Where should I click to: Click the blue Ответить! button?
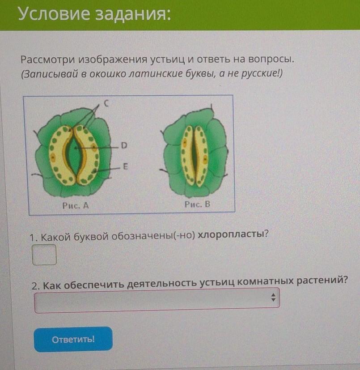tap(73, 339)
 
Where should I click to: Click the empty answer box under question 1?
tap(44, 255)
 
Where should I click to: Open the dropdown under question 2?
tap(157, 300)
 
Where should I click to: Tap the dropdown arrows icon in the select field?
tap(273, 298)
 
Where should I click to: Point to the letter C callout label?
tap(106, 103)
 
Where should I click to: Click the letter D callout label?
tap(124, 145)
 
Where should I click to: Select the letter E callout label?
tap(125, 166)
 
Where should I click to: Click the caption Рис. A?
tap(76, 205)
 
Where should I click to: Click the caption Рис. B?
tap(197, 204)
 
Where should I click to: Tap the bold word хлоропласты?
tap(233, 234)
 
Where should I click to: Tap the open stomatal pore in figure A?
tap(75, 156)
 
